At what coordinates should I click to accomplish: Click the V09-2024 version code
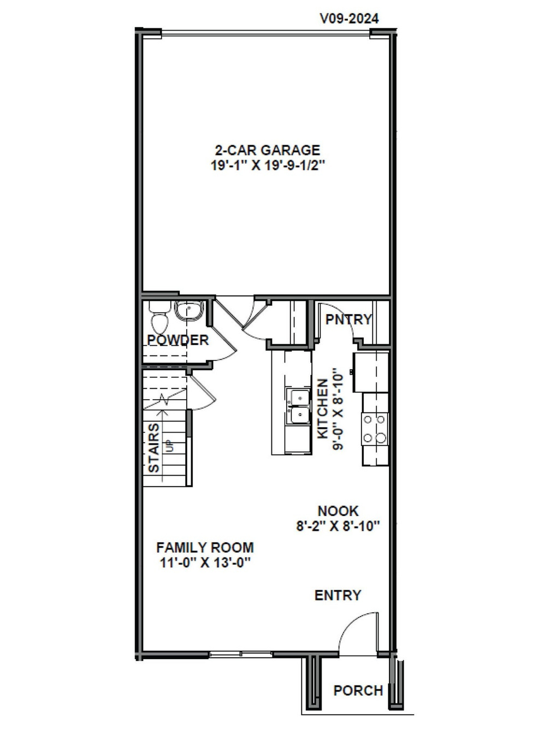click(349, 19)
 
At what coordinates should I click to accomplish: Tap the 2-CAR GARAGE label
click(268, 150)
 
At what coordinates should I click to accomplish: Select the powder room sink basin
click(190, 311)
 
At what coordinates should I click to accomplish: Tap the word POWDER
click(178, 340)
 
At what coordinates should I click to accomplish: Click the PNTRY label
click(348, 319)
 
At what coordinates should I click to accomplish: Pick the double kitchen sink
click(298, 406)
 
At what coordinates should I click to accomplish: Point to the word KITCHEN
click(323, 408)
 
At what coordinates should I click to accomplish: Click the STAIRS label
click(155, 447)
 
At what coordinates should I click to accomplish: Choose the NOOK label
click(338, 511)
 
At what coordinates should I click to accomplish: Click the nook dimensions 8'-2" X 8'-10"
click(338, 526)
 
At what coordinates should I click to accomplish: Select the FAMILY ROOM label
click(205, 547)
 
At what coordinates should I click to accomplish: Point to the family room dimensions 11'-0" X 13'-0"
click(205, 563)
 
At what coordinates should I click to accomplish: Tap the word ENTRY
click(338, 595)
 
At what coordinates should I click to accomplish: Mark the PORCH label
click(358, 691)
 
